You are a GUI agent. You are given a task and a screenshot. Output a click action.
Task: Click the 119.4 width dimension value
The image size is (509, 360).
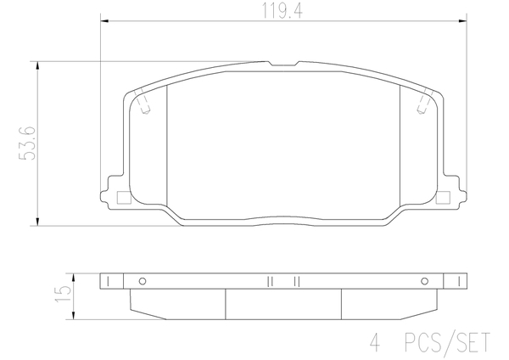282,10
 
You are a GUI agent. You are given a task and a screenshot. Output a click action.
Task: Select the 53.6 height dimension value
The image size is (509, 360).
27,143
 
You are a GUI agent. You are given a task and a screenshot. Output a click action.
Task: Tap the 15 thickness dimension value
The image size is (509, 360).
63,294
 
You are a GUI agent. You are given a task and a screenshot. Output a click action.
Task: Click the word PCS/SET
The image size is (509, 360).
447,343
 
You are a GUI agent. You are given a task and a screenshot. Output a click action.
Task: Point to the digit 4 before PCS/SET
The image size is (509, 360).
375,343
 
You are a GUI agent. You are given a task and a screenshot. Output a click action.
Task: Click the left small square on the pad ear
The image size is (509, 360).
123,198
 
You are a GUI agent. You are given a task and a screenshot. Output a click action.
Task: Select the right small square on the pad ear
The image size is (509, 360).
443,198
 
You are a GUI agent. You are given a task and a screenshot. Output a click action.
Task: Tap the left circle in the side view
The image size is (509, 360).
143,281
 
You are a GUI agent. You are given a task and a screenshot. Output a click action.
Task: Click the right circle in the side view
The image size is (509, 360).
424,281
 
